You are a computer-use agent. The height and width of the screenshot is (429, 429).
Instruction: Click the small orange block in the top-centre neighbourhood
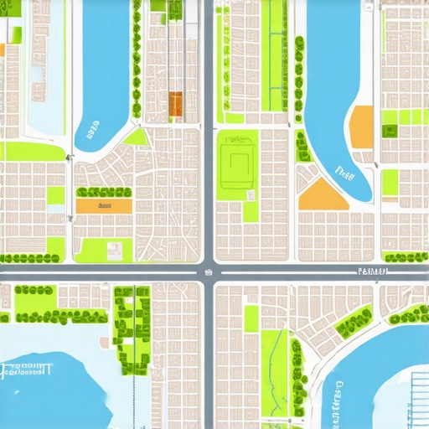click(176, 104)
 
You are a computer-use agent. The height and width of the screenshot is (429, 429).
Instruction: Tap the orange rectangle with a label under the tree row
click(104, 205)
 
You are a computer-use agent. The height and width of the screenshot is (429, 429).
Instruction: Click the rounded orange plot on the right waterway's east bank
click(361, 127)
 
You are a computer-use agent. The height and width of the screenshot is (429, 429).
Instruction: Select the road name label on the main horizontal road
click(371, 271)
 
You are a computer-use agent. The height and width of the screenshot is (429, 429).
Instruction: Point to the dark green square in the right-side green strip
click(390, 131)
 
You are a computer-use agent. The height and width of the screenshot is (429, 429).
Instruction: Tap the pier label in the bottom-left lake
click(27, 369)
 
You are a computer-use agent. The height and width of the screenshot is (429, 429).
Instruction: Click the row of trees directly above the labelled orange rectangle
click(104, 192)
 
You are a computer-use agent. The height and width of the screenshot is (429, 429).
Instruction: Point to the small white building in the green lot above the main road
click(114, 250)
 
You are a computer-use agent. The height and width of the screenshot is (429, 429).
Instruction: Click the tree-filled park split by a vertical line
click(132, 329)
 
